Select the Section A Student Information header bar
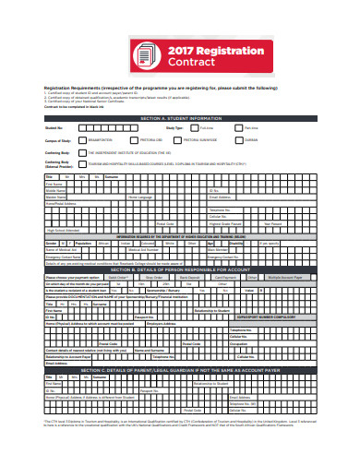tap(179, 119)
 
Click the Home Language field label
tap(139, 197)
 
